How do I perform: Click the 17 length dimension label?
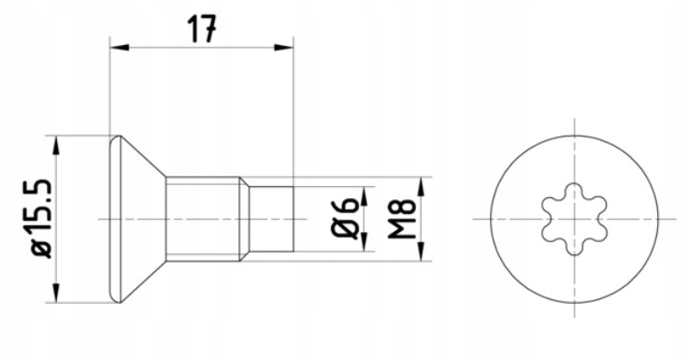point(202,29)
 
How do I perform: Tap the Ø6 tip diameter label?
point(344,218)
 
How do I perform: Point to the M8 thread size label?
point(401,219)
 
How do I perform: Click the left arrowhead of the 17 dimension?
point(120,47)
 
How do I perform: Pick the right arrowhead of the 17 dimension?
point(283,47)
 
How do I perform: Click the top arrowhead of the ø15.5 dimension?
point(56,145)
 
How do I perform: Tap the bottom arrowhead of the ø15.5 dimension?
point(56,293)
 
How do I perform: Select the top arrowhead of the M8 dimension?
point(421,187)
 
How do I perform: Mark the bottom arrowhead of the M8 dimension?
point(421,252)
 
